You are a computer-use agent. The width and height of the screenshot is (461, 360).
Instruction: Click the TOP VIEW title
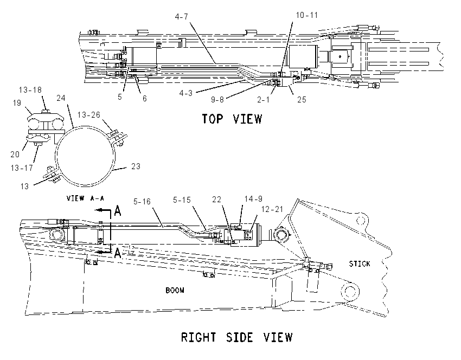pos(232,119)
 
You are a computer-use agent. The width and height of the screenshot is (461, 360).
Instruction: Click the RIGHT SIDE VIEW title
pos(236,337)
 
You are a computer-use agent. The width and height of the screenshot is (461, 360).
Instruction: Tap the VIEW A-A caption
pos(85,198)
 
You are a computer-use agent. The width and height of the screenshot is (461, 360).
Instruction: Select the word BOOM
pos(175,291)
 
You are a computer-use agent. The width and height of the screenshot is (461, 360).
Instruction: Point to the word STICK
pos(360,263)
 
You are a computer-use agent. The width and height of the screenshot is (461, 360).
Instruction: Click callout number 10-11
pos(306,15)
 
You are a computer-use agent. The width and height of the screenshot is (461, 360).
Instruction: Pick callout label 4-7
pos(181,16)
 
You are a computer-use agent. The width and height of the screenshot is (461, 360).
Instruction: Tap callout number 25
pos(302,100)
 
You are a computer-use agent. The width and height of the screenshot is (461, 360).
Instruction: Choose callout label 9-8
pos(217,100)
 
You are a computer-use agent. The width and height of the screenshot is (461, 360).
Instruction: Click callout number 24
pos(61,98)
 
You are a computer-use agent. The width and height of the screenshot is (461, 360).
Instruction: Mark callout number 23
pos(136,166)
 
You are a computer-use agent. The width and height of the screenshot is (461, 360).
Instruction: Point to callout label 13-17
pos(22,168)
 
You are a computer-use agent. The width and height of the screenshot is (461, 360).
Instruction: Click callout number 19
pos(17,103)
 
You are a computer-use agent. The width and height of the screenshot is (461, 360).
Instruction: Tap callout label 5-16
pos(142,202)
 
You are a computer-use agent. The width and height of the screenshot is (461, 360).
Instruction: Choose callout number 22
pos(217,200)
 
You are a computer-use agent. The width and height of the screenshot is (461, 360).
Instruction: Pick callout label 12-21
pos(272,209)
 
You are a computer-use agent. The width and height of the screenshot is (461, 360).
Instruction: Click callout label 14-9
pos(253,199)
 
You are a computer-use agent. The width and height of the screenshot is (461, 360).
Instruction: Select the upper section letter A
pos(117,211)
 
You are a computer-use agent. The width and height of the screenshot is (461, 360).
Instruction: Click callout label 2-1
pos(263,100)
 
